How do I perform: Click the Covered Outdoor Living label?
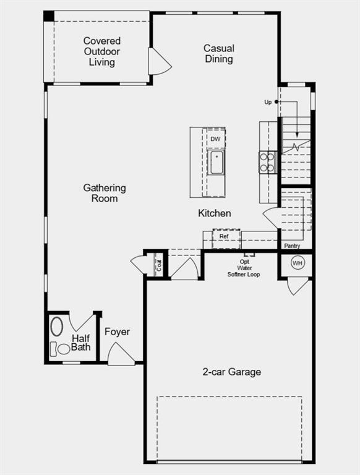[102, 51]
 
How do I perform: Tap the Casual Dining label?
[219, 54]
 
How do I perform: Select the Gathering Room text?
[105, 193]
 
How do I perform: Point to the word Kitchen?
[215, 213]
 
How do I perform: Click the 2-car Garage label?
[232, 372]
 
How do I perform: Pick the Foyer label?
[117, 332]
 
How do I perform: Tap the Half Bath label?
[81, 343]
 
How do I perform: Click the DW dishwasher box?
[215, 139]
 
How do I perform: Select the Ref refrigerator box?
[224, 236]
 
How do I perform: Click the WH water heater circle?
[298, 263]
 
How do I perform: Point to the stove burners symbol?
[267, 162]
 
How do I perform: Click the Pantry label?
[293, 246]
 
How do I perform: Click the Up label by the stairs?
[268, 102]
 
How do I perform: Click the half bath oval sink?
[56, 326]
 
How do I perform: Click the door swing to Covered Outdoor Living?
[158, 62]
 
